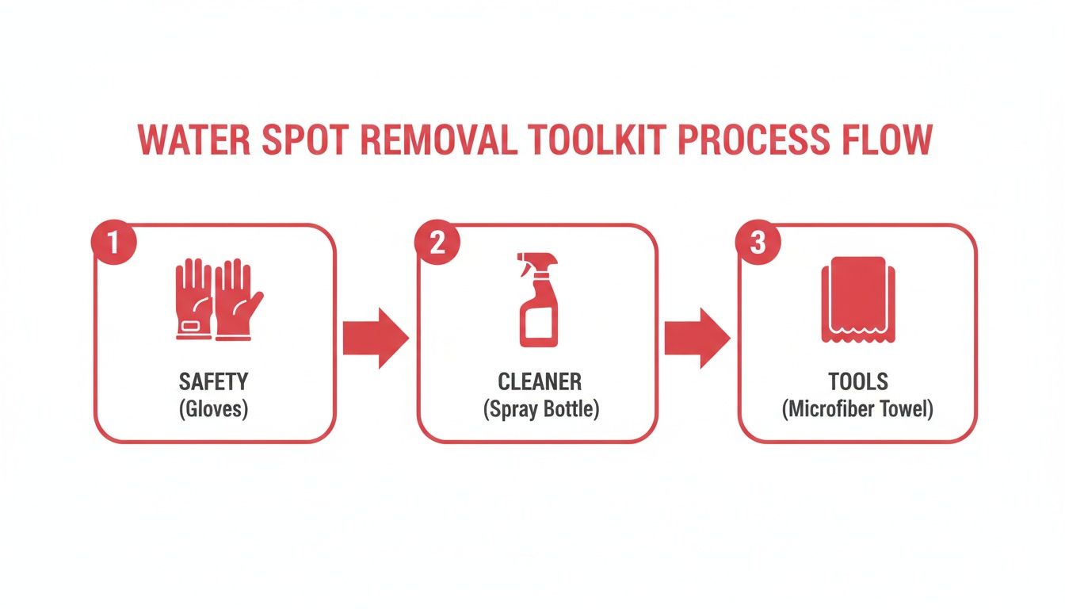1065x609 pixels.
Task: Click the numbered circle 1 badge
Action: pyautogui.click(x=114, y=242)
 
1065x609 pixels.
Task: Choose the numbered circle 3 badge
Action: pyautogui.click(x=758, y=242)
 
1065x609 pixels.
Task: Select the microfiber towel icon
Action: pyautogui.click(x=858, y=300)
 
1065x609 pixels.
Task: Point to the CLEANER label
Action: pyautogui.click(x=539, y=382)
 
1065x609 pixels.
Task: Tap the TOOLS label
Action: pyautogui.click(x=858, y=382)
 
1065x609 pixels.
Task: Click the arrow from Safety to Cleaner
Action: pyautogui.click(x=376, y=338)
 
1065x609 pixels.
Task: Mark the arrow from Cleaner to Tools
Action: pyautogui.click(x=697, y=338)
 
